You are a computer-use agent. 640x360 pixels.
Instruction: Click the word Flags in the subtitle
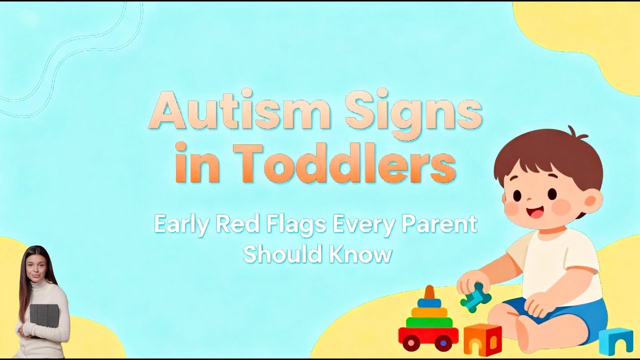pos(291,224)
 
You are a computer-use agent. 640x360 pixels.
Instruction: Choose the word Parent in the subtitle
pos(440,224)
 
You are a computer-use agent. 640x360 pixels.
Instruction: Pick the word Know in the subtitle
pos(360,254)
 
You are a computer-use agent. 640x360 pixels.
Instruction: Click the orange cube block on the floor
pos(482,339)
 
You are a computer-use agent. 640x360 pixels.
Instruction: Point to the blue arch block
pos(615,341)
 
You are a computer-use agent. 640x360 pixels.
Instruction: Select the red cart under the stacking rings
pos(428,336)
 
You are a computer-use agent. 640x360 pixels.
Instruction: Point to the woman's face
pos(35,265)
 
